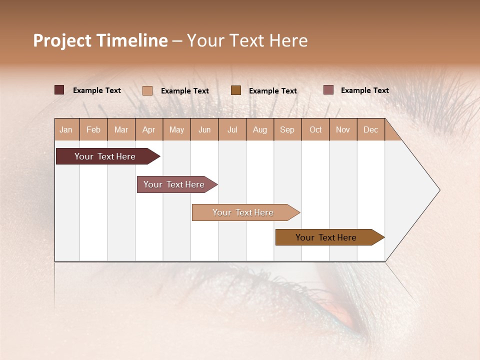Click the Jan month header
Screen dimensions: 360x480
(x=66, y=129)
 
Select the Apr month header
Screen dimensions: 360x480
(x=148, y=129)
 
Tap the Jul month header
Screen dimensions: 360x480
(x=232, y=129)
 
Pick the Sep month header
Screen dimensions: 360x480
(x=287, y=129)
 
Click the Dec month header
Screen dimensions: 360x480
(x=370, y=129)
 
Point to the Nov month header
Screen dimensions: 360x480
(x=342, y=129)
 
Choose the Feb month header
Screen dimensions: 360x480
(x=93, y=129)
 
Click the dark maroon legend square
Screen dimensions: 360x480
(x=59, y=90)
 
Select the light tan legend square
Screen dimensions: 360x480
(x=147, y=90)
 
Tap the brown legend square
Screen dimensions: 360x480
(x=236, y=90)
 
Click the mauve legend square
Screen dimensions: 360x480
(x=328, y=90)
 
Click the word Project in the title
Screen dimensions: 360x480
(x=61, y=40)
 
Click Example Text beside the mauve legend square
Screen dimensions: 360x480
(x=364, y=90)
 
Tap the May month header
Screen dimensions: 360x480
(x=176, y=129)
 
